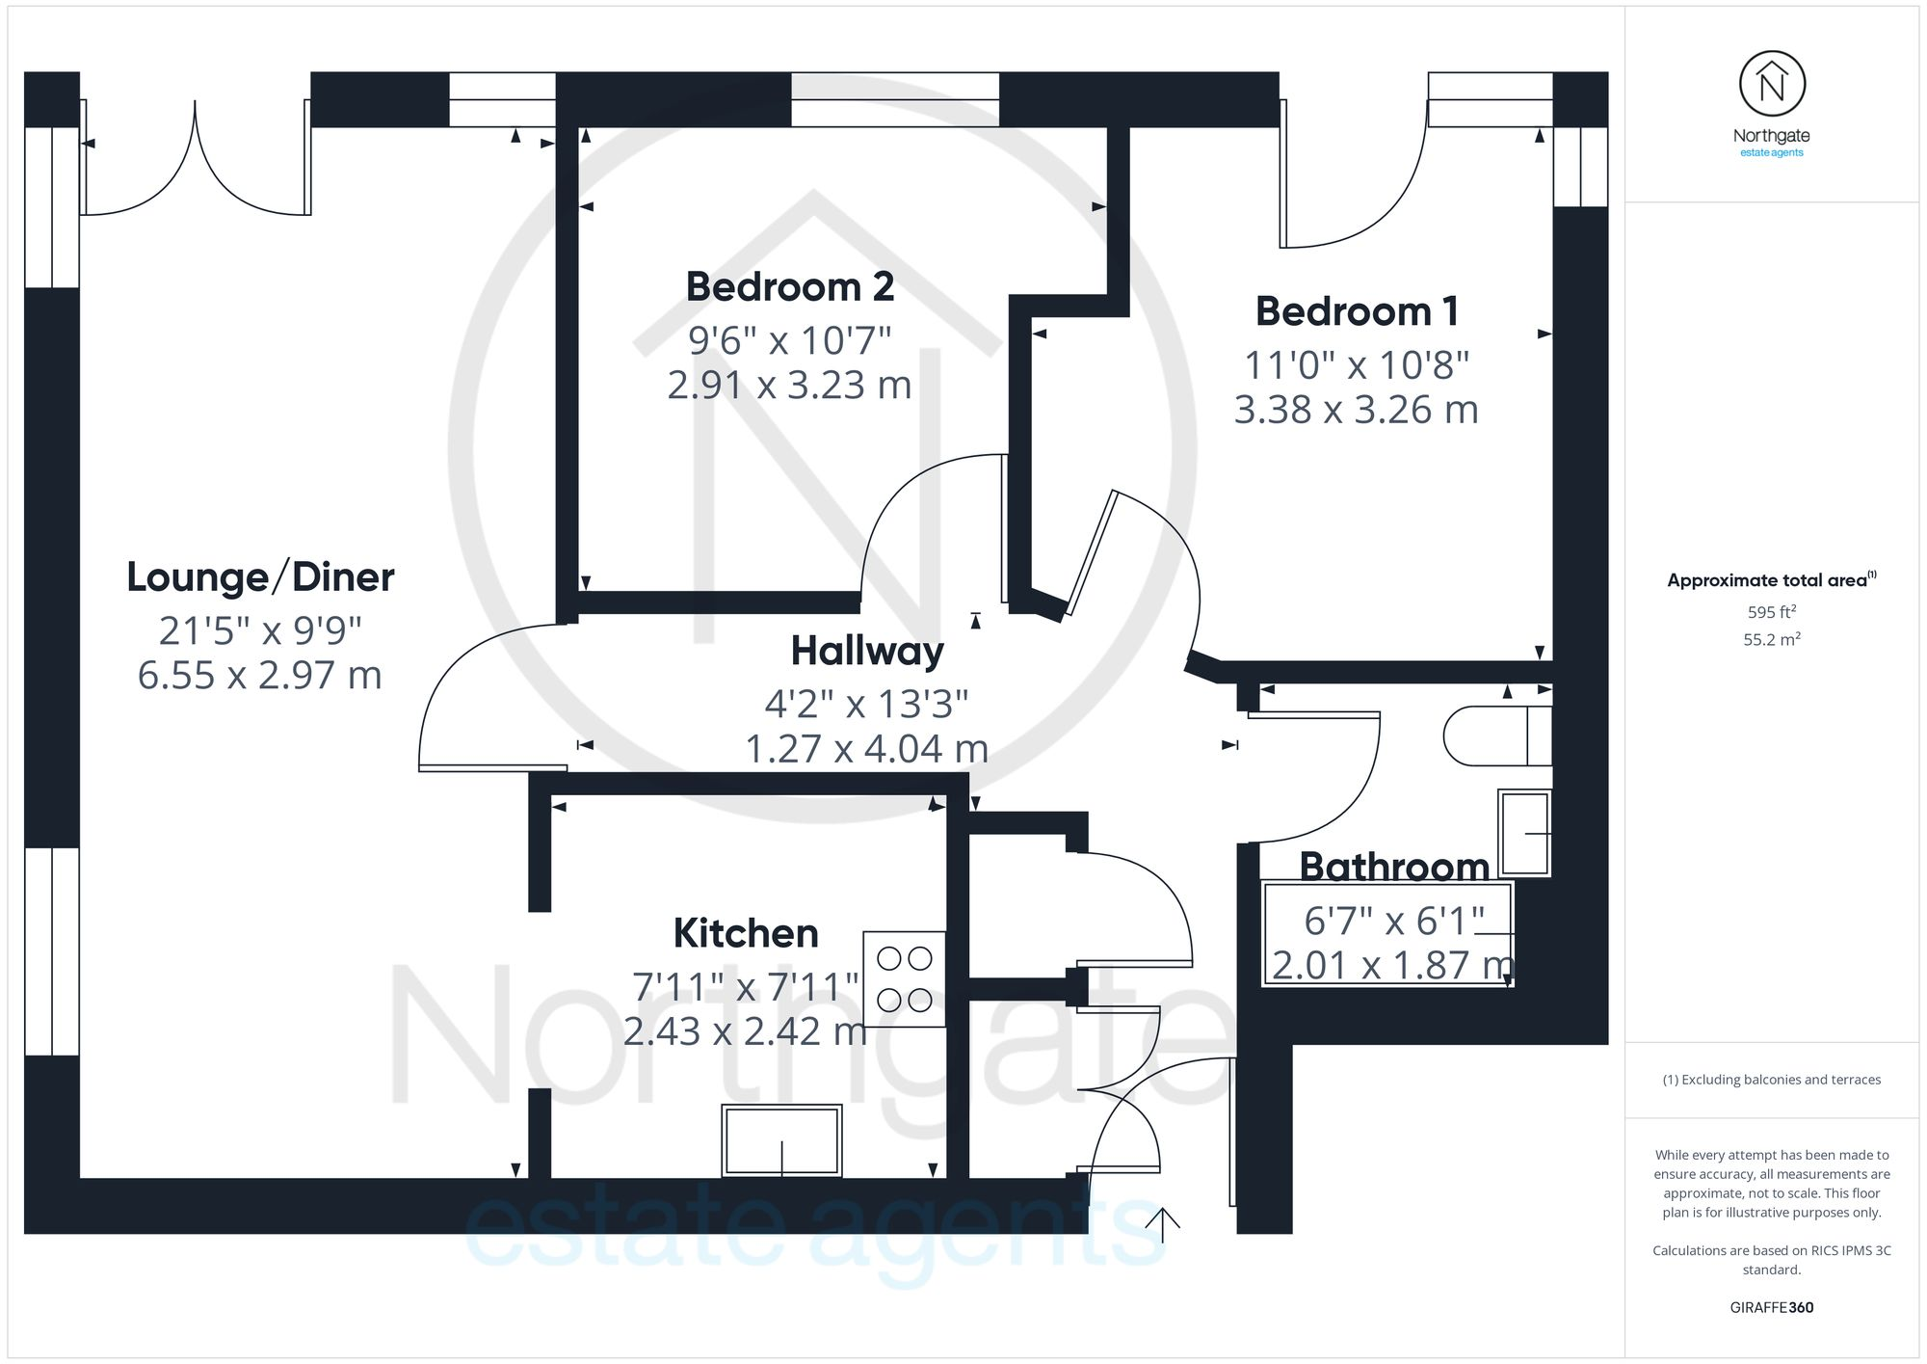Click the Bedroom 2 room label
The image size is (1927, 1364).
(x=790, y=287)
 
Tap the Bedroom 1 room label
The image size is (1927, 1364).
(x=1357, y=311)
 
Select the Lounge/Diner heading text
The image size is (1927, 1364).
(x=260, y=577)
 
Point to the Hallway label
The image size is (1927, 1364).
(x=867, y=651)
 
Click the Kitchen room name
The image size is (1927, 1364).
(x=746, y=933)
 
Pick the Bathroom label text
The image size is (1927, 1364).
(x=1394, y=867)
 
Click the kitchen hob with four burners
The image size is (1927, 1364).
(x=904, y=978)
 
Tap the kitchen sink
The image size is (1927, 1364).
(x=781, y=1140)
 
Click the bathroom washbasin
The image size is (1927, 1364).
(x=1524, y=833)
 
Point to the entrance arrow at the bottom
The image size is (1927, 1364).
(x=1163, y=1225)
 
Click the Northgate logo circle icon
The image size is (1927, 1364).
(x=1772, y=85)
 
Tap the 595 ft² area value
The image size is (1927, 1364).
(x=1772, y=612)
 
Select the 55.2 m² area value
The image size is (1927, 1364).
(x=1772, y=639)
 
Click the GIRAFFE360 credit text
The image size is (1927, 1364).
(x=1772, y=1307)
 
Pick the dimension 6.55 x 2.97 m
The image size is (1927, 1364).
(x=260, y=675)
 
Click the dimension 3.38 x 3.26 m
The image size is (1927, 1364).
(x=1357, y=410)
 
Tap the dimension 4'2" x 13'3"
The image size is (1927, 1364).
(x=866, y=704)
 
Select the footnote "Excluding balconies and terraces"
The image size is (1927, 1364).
(x=1772, y=1080)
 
